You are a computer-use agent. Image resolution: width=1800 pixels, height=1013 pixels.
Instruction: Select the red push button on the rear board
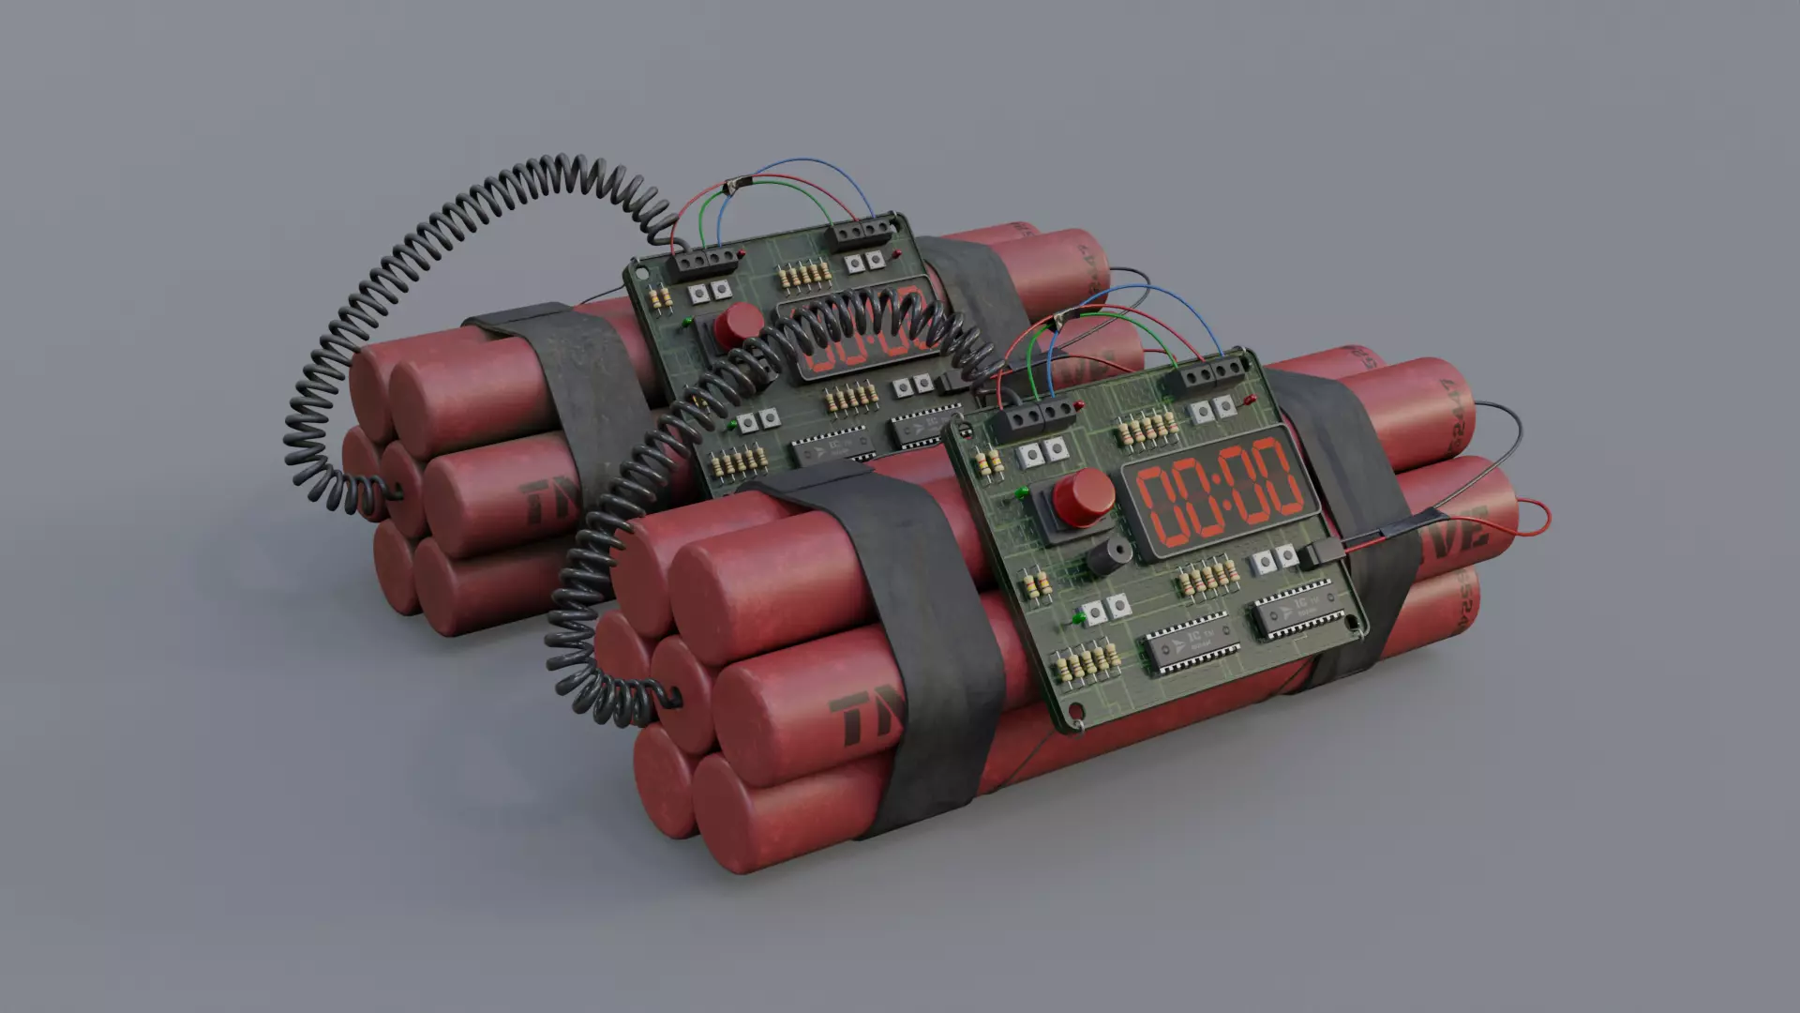click(x=738, y=325)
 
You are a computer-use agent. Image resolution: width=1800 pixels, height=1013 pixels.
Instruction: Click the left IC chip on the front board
click(x=1187, y=644)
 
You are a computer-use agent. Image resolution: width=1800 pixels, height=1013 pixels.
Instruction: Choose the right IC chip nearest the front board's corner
click(x=1297, y=612)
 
